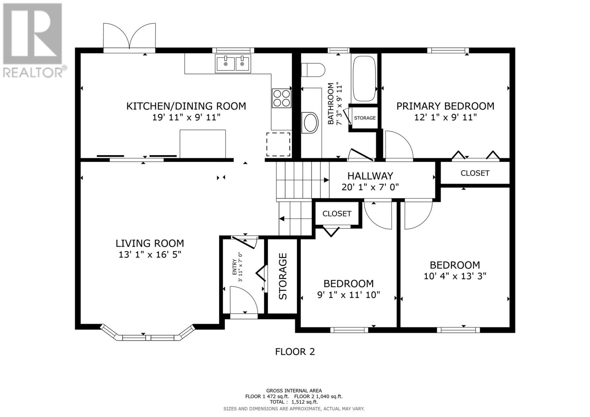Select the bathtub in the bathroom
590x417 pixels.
point(364,78)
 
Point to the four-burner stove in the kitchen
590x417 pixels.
point(281,98)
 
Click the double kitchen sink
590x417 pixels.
point(233,63)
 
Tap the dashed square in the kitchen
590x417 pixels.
point(278,144)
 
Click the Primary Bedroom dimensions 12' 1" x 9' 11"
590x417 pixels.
point(445,117)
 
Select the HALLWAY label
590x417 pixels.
point(370,176)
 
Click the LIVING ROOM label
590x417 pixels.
point(150,243)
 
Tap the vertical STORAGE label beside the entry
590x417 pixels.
point(283,276)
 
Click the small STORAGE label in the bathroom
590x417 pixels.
point(365,118)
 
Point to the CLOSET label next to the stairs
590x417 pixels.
point(337,214)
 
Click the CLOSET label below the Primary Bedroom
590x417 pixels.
point(475,173)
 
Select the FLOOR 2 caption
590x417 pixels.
point(295,352)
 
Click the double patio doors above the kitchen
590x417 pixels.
point(129,37)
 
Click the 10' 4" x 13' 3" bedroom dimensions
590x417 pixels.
point(455,276)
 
